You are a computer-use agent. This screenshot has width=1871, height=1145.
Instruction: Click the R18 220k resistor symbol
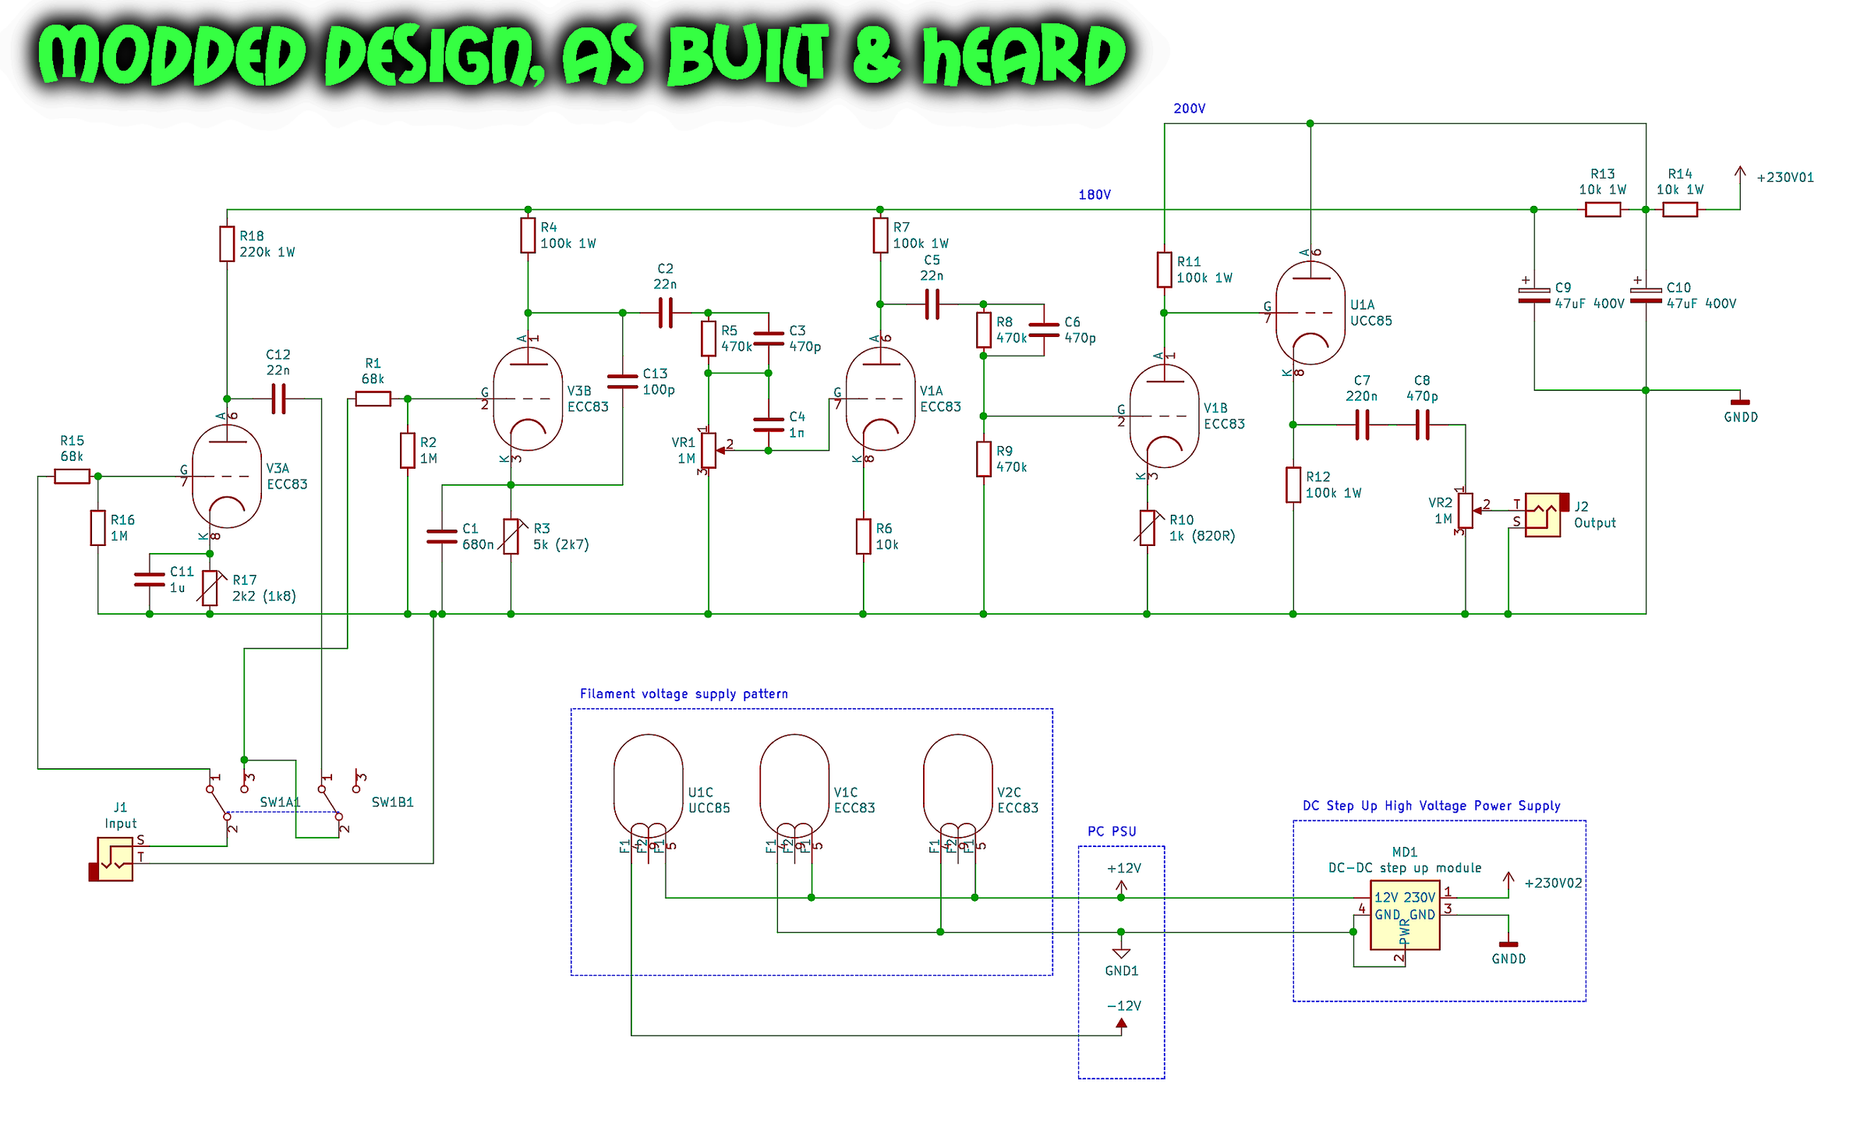point(226,244)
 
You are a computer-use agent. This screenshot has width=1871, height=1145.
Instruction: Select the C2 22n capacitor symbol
point(665,313)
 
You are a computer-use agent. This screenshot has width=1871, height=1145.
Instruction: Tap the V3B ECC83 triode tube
point(528,399)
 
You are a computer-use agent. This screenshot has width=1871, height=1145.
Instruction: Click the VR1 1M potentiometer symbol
point(708,450)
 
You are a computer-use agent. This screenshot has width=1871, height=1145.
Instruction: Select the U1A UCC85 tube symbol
point(1310,313)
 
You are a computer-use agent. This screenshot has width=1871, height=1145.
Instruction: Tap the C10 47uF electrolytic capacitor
point(1646,296)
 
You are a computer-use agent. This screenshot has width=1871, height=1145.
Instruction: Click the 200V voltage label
point(1189,108)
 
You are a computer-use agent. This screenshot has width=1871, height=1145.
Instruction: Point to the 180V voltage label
point(1094,195)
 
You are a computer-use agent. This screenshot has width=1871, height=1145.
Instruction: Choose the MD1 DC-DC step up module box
point(1404,914)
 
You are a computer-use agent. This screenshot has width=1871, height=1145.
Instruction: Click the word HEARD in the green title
point(1024,55)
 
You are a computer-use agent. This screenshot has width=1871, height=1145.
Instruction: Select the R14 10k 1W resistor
point(1679,209)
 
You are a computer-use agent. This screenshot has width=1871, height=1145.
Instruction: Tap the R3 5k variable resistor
point(511,537)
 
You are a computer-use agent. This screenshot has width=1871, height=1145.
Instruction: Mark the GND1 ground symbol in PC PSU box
point(1121,954)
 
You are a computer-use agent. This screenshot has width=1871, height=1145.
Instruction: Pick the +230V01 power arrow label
point(1784,178)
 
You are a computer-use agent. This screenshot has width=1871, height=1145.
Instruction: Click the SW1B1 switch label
point(392,802)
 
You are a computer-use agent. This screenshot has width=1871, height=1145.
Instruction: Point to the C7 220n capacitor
point(1362,425)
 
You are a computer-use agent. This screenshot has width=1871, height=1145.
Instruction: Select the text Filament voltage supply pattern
point(684,693)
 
